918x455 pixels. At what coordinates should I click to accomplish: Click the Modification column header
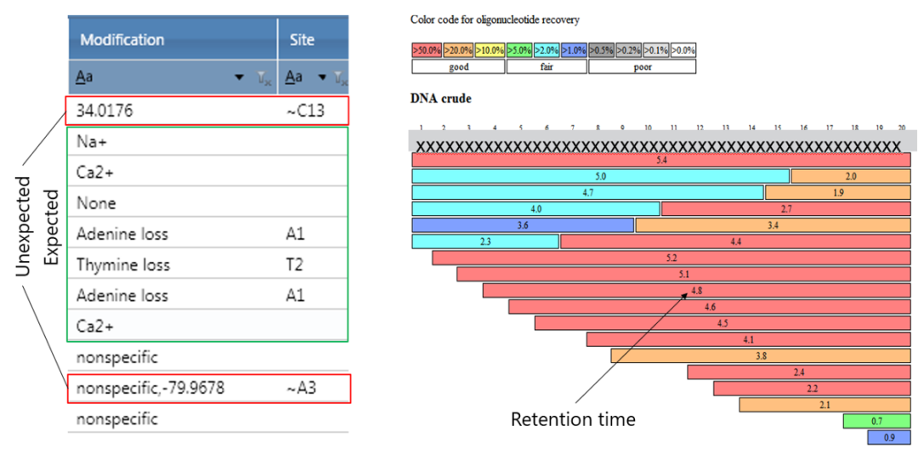pos(122,40)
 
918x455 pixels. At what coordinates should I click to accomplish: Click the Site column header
pos(301,40)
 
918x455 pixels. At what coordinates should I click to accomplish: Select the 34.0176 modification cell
pos(105,111)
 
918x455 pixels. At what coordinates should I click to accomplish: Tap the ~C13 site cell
pos(305,111)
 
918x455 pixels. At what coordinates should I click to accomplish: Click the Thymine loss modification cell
pos(123,264)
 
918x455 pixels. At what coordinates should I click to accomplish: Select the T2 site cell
pos(294,264)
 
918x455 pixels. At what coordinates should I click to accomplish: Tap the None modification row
pos(96,203)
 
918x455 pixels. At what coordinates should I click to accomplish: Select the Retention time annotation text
pos(573,419)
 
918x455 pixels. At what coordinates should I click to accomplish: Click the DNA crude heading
pos(440,99)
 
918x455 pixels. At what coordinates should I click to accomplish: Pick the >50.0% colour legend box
pos(427,50)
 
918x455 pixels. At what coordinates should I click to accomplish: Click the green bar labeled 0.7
pos(876,421)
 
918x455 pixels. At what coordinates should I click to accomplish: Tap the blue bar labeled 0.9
pos(888,437)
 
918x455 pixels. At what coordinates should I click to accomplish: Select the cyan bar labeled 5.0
pos(600,176)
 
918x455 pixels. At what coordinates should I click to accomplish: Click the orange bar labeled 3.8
pos(761,355)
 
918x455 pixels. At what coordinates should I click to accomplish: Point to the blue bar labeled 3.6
pos(523,225)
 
